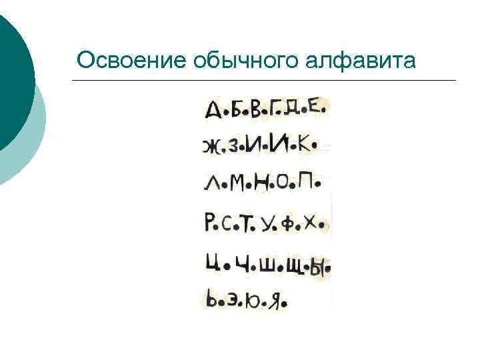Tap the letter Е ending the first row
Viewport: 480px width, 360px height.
coord(319,107)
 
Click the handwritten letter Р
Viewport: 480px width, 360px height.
coord(210,222)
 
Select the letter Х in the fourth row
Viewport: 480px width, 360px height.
coord(310,225)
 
